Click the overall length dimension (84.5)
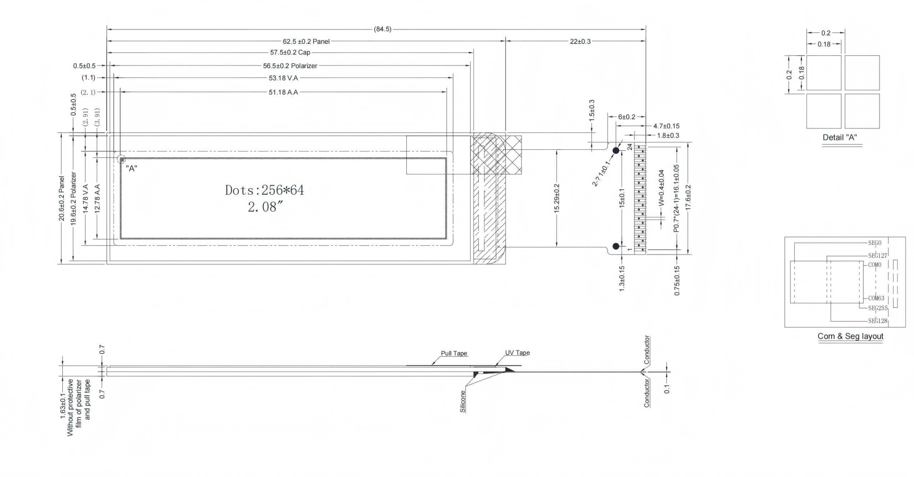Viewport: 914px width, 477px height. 382,29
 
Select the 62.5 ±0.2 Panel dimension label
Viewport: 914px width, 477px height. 306,41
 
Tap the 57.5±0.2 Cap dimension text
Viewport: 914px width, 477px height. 290,53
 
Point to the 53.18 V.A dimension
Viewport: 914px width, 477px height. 283,78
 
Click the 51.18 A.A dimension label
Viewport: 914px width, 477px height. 283,92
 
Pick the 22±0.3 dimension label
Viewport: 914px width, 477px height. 580,41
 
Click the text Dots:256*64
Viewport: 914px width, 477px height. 265,190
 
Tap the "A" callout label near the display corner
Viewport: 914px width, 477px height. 131,169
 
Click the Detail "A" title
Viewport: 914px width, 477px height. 840,137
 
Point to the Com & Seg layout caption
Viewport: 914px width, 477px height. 850,336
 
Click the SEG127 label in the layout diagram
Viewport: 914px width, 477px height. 878,255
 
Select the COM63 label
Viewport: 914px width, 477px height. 876,298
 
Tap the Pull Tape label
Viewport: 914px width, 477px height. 454,353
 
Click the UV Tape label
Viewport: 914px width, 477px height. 517,353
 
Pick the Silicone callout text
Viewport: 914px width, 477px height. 463,402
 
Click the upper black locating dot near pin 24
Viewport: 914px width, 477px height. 616,150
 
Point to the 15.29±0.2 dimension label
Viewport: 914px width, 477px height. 557,198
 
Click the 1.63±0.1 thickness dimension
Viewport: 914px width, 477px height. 63,406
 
